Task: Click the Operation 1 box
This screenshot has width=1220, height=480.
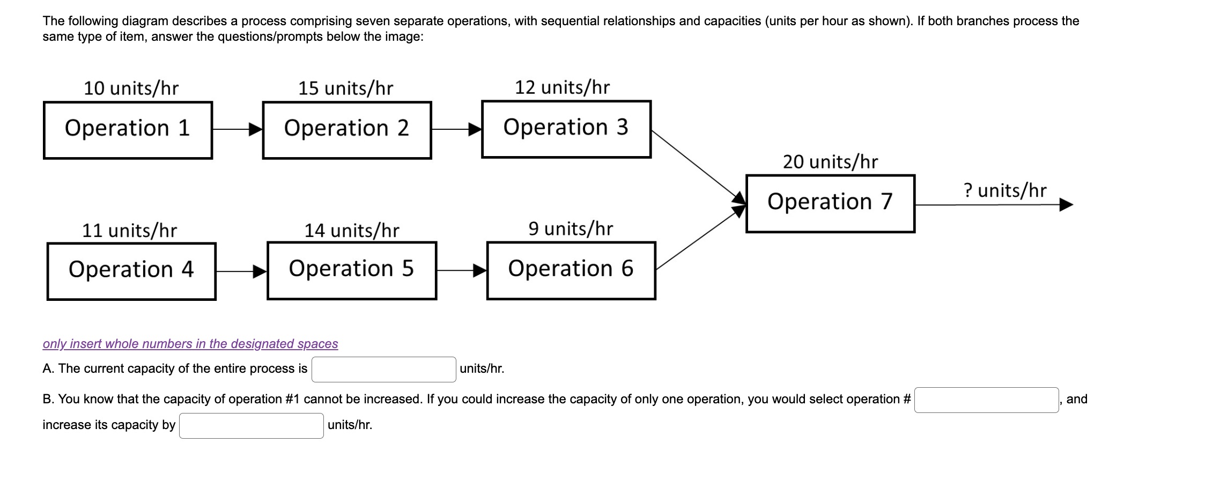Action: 128,130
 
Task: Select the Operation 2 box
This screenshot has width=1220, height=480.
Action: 347,130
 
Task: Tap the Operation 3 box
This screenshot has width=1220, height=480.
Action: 566,129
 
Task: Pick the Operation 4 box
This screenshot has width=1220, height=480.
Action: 131,271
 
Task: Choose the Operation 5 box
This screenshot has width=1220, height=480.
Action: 352,270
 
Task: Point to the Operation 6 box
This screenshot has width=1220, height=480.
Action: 571,270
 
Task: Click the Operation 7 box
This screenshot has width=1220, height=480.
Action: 830,203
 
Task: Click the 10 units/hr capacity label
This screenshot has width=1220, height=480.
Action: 131,88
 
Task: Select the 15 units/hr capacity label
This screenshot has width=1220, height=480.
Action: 346,88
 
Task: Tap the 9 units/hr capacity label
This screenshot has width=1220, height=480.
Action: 571,229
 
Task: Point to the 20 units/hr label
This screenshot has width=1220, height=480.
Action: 830,162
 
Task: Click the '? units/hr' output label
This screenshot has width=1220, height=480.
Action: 1004,190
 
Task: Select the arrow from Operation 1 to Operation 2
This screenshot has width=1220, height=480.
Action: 236,129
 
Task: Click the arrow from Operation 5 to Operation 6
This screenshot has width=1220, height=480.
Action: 461,271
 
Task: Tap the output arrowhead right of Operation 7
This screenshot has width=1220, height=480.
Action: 1066,205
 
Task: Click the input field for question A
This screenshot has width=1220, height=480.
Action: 383,370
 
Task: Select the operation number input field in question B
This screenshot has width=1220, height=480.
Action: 986,400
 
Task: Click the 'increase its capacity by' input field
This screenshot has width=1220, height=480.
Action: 251,426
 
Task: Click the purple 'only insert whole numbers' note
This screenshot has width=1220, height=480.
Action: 190,344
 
